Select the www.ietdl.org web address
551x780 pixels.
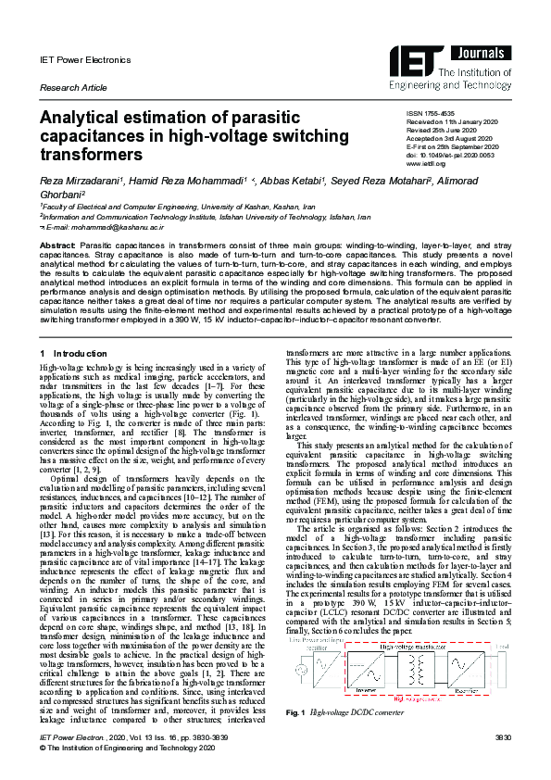(x=427, y=163)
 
